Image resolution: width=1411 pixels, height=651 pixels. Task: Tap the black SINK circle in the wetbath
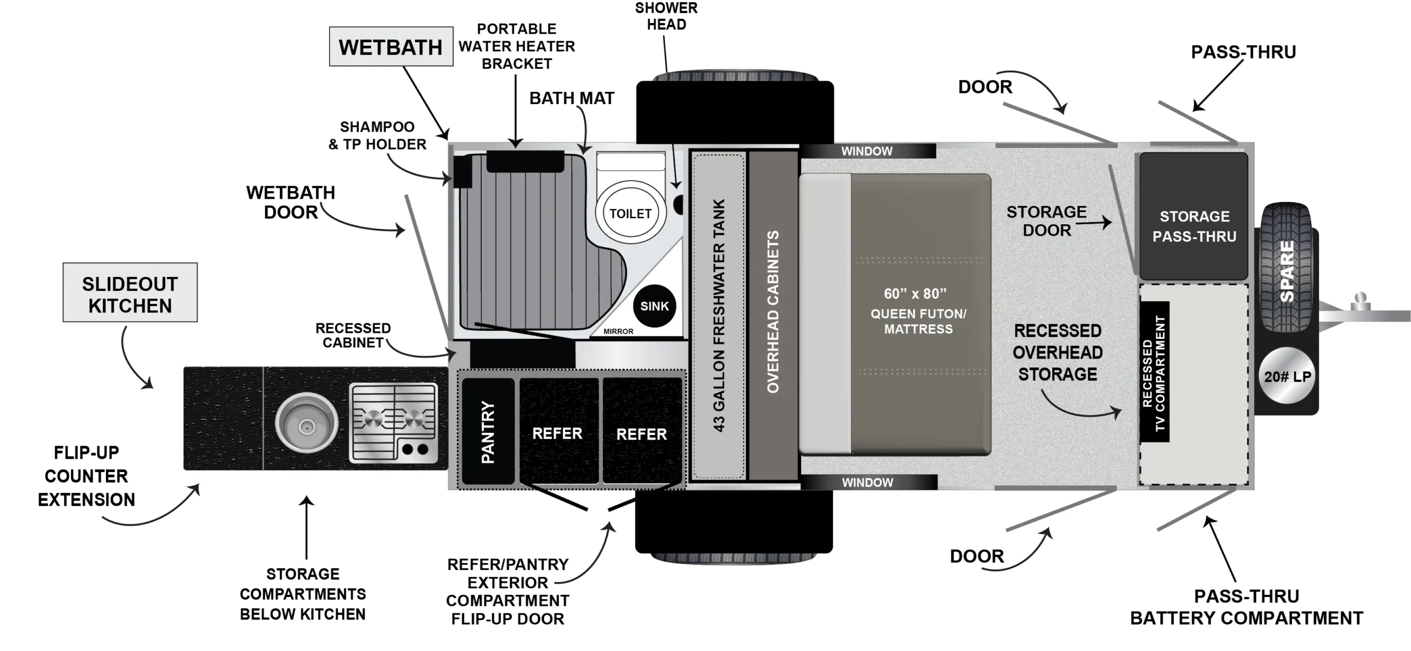click(654, 306)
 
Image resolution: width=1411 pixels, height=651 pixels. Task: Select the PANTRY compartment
click(488, 431)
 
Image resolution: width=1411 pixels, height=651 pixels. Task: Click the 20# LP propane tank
click(1287, 377)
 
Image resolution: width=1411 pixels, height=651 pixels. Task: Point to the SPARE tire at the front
click(1286, 268)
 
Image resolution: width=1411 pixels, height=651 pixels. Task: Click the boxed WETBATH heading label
click(391, 47)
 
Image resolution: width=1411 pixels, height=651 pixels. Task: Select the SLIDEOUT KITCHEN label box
click(130, 292)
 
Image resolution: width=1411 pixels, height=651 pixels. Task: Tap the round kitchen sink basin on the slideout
click(306, 425)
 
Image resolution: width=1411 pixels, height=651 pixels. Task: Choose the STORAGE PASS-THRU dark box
click(1194, 216)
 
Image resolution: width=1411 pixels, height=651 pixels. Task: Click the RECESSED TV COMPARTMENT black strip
click(1154, 372)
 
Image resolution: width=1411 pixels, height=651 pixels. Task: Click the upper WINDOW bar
click(867, 151)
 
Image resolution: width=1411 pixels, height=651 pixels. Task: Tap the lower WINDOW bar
click(868, 482)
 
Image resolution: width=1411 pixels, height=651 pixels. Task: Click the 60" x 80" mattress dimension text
click(915, 294)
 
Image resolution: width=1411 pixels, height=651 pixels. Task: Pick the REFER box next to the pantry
click(558, 433)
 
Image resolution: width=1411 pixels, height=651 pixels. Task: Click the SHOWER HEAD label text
click(666, 16)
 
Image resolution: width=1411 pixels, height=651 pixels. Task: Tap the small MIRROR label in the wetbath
click(618, 332)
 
